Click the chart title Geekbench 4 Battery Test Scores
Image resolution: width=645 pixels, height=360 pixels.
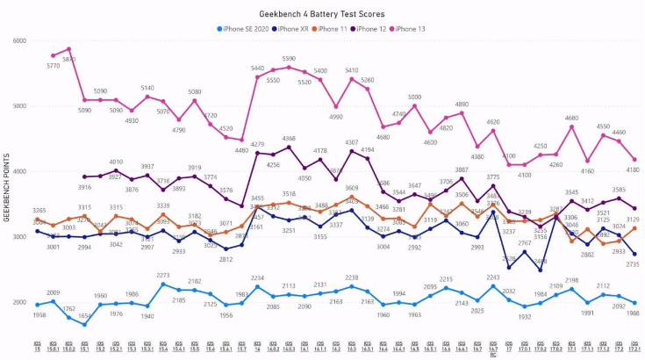click(321, 15)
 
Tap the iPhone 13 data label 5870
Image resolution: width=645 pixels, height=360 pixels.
click(68, 60)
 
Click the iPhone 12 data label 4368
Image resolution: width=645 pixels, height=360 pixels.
click(289, 138)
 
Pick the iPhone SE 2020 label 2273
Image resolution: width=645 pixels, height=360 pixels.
click(163, 276)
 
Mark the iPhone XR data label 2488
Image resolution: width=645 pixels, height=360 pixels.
click(541, 262)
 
